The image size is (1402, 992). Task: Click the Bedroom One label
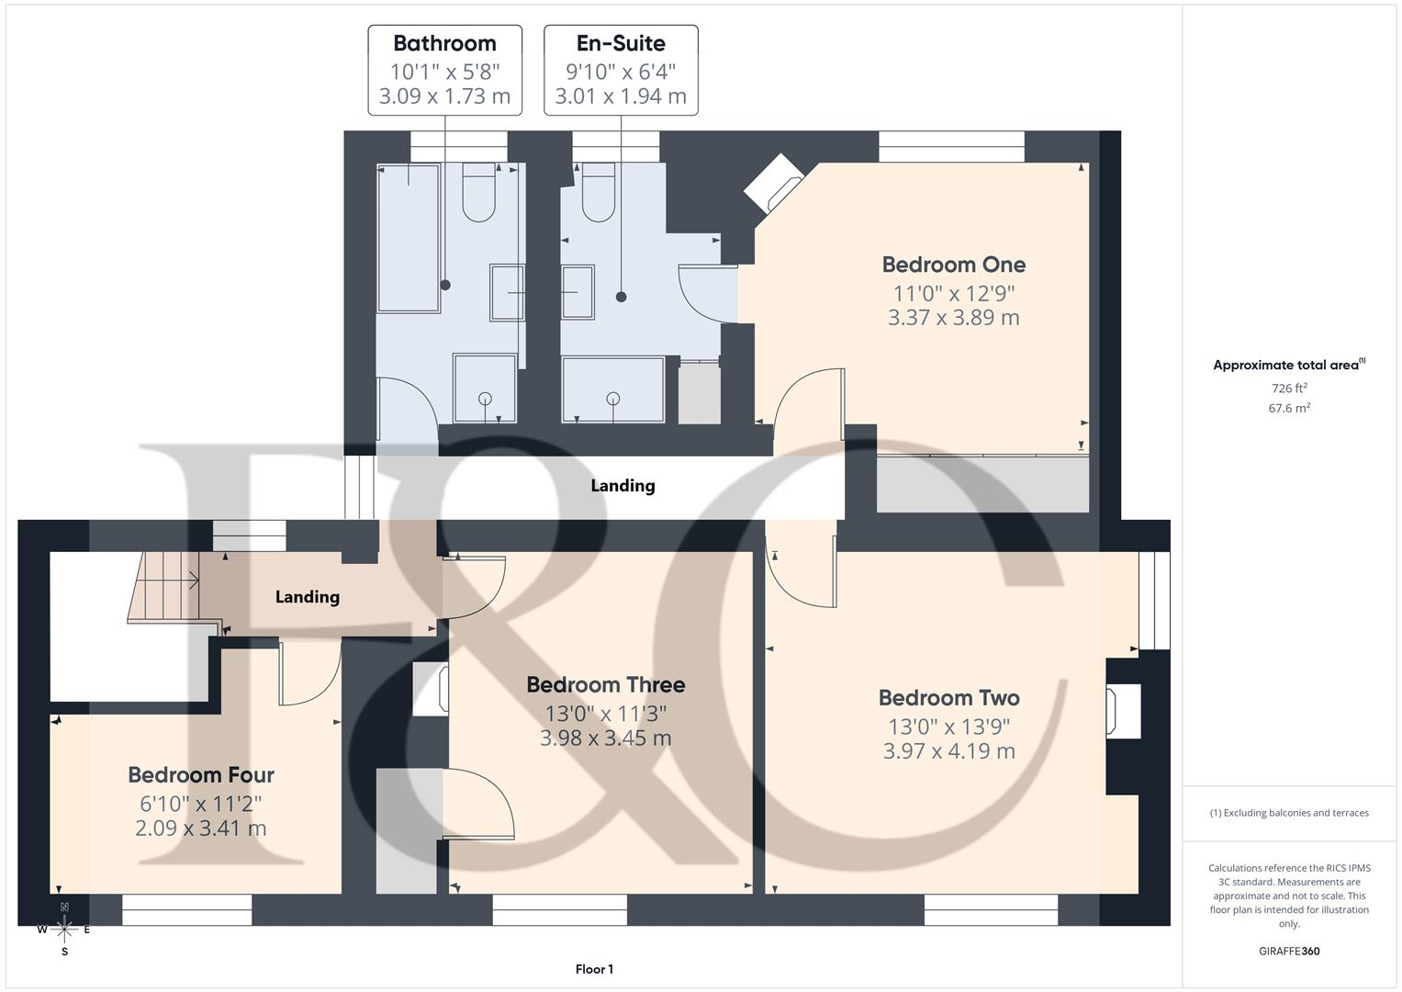click(x=953, y=265)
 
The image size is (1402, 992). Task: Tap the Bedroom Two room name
click(x=948, y=698)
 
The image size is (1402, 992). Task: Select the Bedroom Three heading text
click(x=605, y=684)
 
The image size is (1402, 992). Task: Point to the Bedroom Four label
click(x=201, y=774)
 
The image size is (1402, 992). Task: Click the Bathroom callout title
click(x=444, y=43)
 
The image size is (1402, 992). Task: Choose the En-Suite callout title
click(x=621, y=43)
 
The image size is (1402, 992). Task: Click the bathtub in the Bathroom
click(x=409, y=238)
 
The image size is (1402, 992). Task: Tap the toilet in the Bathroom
click(x=478, y=192)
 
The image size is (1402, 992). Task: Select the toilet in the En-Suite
click(x=599, y=192)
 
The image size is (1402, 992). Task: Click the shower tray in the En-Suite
click(x=612, y=389)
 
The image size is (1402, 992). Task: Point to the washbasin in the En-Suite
click(x=578, y=292)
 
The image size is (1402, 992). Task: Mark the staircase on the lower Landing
click(x=164, y=587)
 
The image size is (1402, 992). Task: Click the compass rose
click(x=64, y=930)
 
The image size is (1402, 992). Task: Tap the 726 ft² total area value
click(x=1289, y=389)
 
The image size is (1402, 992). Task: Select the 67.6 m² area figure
click(x=1289, y=408)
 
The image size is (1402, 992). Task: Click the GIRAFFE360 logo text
click(x=1289, y=951)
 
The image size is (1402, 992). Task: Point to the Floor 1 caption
click(x=595, y=969)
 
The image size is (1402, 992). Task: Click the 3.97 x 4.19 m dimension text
click(x=948, y=750)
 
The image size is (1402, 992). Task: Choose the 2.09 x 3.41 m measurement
click(x=201, y=828)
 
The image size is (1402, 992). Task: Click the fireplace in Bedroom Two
click(x=1123, y=711)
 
